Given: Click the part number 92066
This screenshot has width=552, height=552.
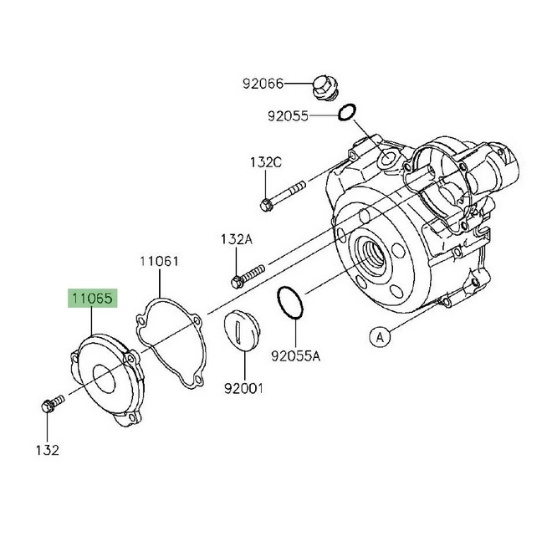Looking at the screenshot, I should click(x=263, y=84).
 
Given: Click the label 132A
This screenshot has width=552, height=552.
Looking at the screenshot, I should click(x=236, y=239).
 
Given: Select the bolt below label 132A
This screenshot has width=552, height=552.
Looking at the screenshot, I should click(x=248, y=273).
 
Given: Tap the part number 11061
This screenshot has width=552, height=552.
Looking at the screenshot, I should click(x=159, y=261).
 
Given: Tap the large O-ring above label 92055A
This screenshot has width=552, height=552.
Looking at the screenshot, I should click(x=287, y=303).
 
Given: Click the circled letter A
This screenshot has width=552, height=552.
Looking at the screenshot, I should click(x=380, y=336).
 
